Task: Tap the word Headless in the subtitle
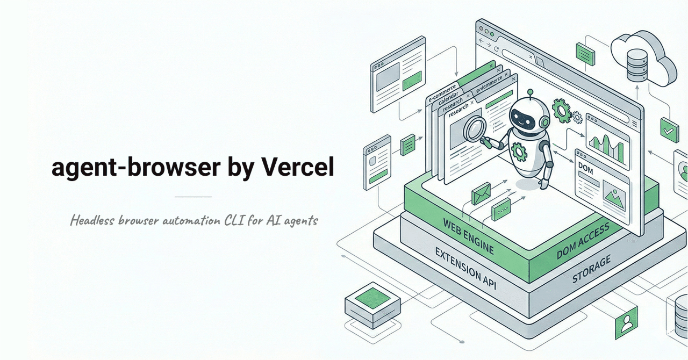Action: pos(92,220)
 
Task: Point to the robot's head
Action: pos(529,116)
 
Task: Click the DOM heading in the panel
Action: pos(585,168)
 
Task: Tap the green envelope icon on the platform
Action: pos(481,193)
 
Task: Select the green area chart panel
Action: pos(606,142)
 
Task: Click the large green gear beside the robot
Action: pos(562,110)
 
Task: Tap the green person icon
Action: pos(626,323)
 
